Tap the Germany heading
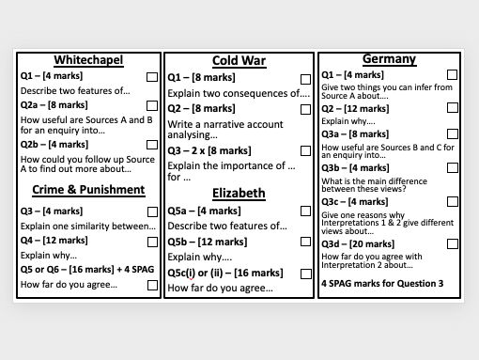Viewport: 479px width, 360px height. (x=389, y=58)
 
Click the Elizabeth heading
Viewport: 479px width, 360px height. (x=239, y=194)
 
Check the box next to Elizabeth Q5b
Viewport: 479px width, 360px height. (x=305, y=243)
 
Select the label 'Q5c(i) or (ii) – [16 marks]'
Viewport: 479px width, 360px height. (x=226, y=273)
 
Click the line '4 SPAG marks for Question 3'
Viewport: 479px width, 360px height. (x=382, y=282)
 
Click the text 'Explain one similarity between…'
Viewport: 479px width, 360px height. (x=87, y=227)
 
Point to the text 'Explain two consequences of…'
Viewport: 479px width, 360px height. (x=239, y=94)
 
